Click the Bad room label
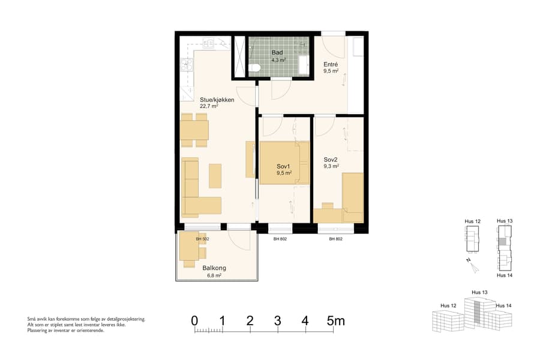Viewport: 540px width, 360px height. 277,53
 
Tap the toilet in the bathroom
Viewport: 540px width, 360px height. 255,68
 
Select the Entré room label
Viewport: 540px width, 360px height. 331,64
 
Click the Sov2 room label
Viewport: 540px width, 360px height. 331,160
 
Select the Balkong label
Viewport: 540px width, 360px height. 214,268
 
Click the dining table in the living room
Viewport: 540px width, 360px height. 194,130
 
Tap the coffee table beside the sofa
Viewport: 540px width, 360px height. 215,176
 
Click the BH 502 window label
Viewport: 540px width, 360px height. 202,239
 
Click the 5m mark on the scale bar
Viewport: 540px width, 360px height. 335,320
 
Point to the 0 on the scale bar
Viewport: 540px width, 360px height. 194,320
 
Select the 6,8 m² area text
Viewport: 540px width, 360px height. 214,275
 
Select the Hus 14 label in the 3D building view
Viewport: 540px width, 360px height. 503,306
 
